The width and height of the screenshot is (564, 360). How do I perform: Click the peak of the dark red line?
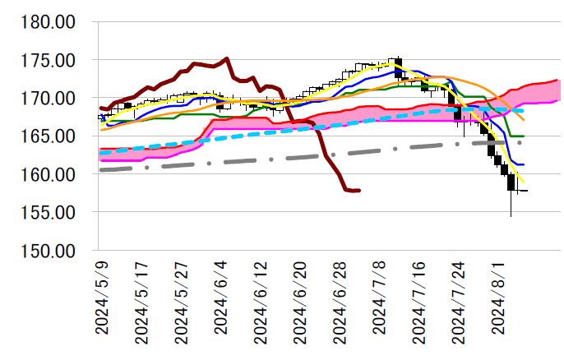point(226,58)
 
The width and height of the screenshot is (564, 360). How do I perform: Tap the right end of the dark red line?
point(359,191)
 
